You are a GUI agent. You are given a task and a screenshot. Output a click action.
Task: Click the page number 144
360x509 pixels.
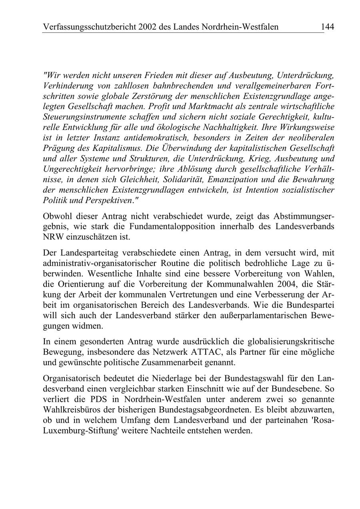click(x=327, y=27)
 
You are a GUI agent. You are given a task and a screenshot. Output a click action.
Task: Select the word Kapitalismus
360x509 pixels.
click(x=105, y=148)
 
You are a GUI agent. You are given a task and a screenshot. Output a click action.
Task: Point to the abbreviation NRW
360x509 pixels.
click(x=52, y=237)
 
